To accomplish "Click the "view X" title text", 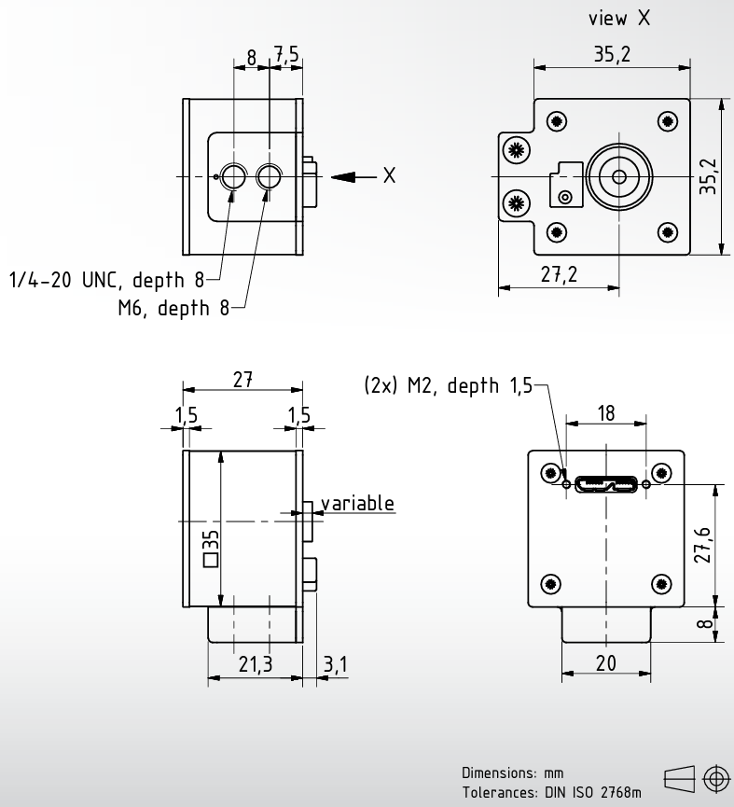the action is (x=619, y=18).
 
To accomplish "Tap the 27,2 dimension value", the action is (x=559, y=274).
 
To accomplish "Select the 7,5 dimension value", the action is (x=286, y=54).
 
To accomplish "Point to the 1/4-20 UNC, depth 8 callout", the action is (x=106, y=280).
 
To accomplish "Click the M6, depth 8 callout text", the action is (x=173, y=308).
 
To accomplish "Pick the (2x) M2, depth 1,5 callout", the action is (x=448, y=385).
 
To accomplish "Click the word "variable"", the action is (x=357, y=503).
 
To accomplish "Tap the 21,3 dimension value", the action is (x=256, y=664).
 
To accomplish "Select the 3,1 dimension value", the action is (x=336, y=664).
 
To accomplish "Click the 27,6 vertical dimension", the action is (x=702, y=545).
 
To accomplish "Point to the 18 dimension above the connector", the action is (x=606, y=412).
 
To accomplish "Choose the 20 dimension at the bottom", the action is (x=606, y=663).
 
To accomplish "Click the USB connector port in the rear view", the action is (x=606, y=484).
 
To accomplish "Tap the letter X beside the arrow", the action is (x=389, y=175).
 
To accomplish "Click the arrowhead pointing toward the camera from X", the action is (x=343, y=177).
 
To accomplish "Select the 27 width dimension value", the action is (x=242, y=380).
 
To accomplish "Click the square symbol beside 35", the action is (x=211, y=560).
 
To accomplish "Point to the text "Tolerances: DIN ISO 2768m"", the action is (x=551, y=792).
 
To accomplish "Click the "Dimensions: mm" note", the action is (x=512, y=773).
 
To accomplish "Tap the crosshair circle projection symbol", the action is (x=716, y=779).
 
